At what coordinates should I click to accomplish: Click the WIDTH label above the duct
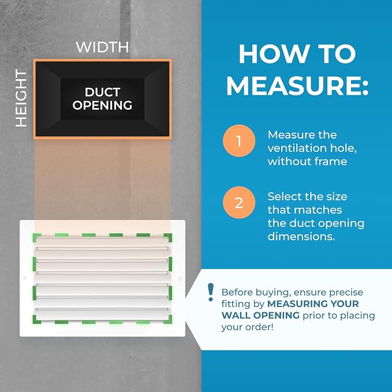click(x=102, y=47)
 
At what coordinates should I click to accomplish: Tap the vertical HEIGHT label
click(x=21, y=98)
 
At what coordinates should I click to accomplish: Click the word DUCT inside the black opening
click(x=103, y=92)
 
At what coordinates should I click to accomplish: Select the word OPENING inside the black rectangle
click(x=102, y=105)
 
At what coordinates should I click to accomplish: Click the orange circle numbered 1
click(x=239, y=141)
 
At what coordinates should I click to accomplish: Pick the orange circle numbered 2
click(x=239, y=203)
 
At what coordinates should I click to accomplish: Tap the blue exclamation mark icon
click(x=211, y=292)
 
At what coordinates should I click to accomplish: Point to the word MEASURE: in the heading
click(x=297, y=85)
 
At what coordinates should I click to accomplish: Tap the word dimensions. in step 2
click(x=301, y=236)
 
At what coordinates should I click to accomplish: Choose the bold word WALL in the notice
click(x=236, y=315)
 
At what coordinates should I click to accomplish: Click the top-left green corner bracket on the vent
click(x=37, y=238)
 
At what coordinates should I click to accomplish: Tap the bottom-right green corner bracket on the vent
click(x=167, y=319)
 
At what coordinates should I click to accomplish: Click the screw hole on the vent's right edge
click(x=181, y=278)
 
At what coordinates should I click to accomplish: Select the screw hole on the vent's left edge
click(x=24, y=278)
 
